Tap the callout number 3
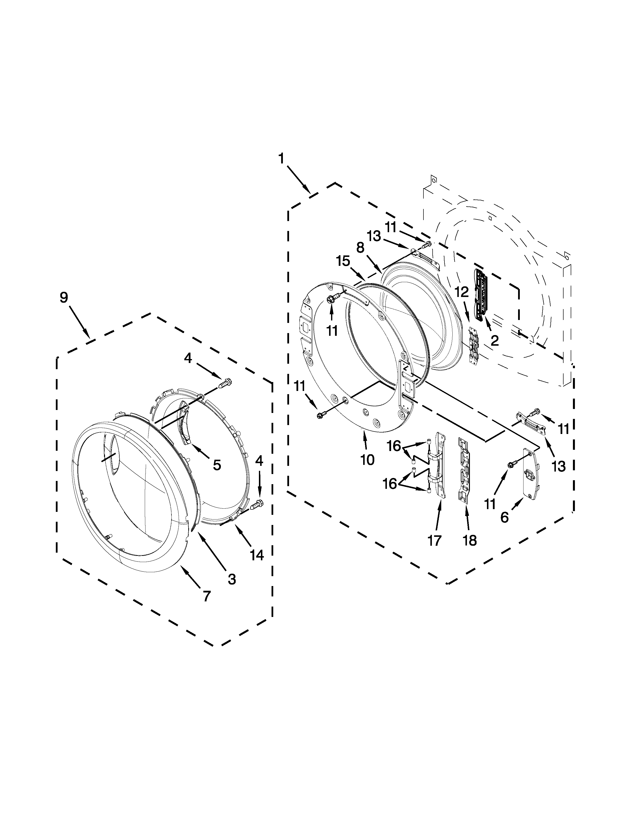232,579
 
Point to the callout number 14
257,566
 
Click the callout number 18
470,540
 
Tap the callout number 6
504,518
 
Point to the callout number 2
495,340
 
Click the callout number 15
343,261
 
